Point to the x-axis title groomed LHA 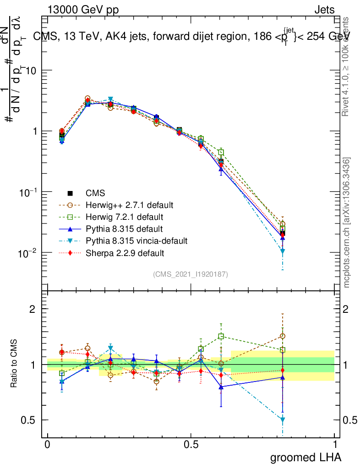[x=305, y=457]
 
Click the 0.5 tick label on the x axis [x=191, y=445]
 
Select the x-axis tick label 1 [x=334, y=445]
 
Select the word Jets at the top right [x=324, y=10]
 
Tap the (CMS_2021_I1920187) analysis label [x=191, y=274]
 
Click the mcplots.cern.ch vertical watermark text [x=347, y=223]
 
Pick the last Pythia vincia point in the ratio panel [x=283, y=420]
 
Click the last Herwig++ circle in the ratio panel [x=283, y=336]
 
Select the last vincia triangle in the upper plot [x=283, y=251]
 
